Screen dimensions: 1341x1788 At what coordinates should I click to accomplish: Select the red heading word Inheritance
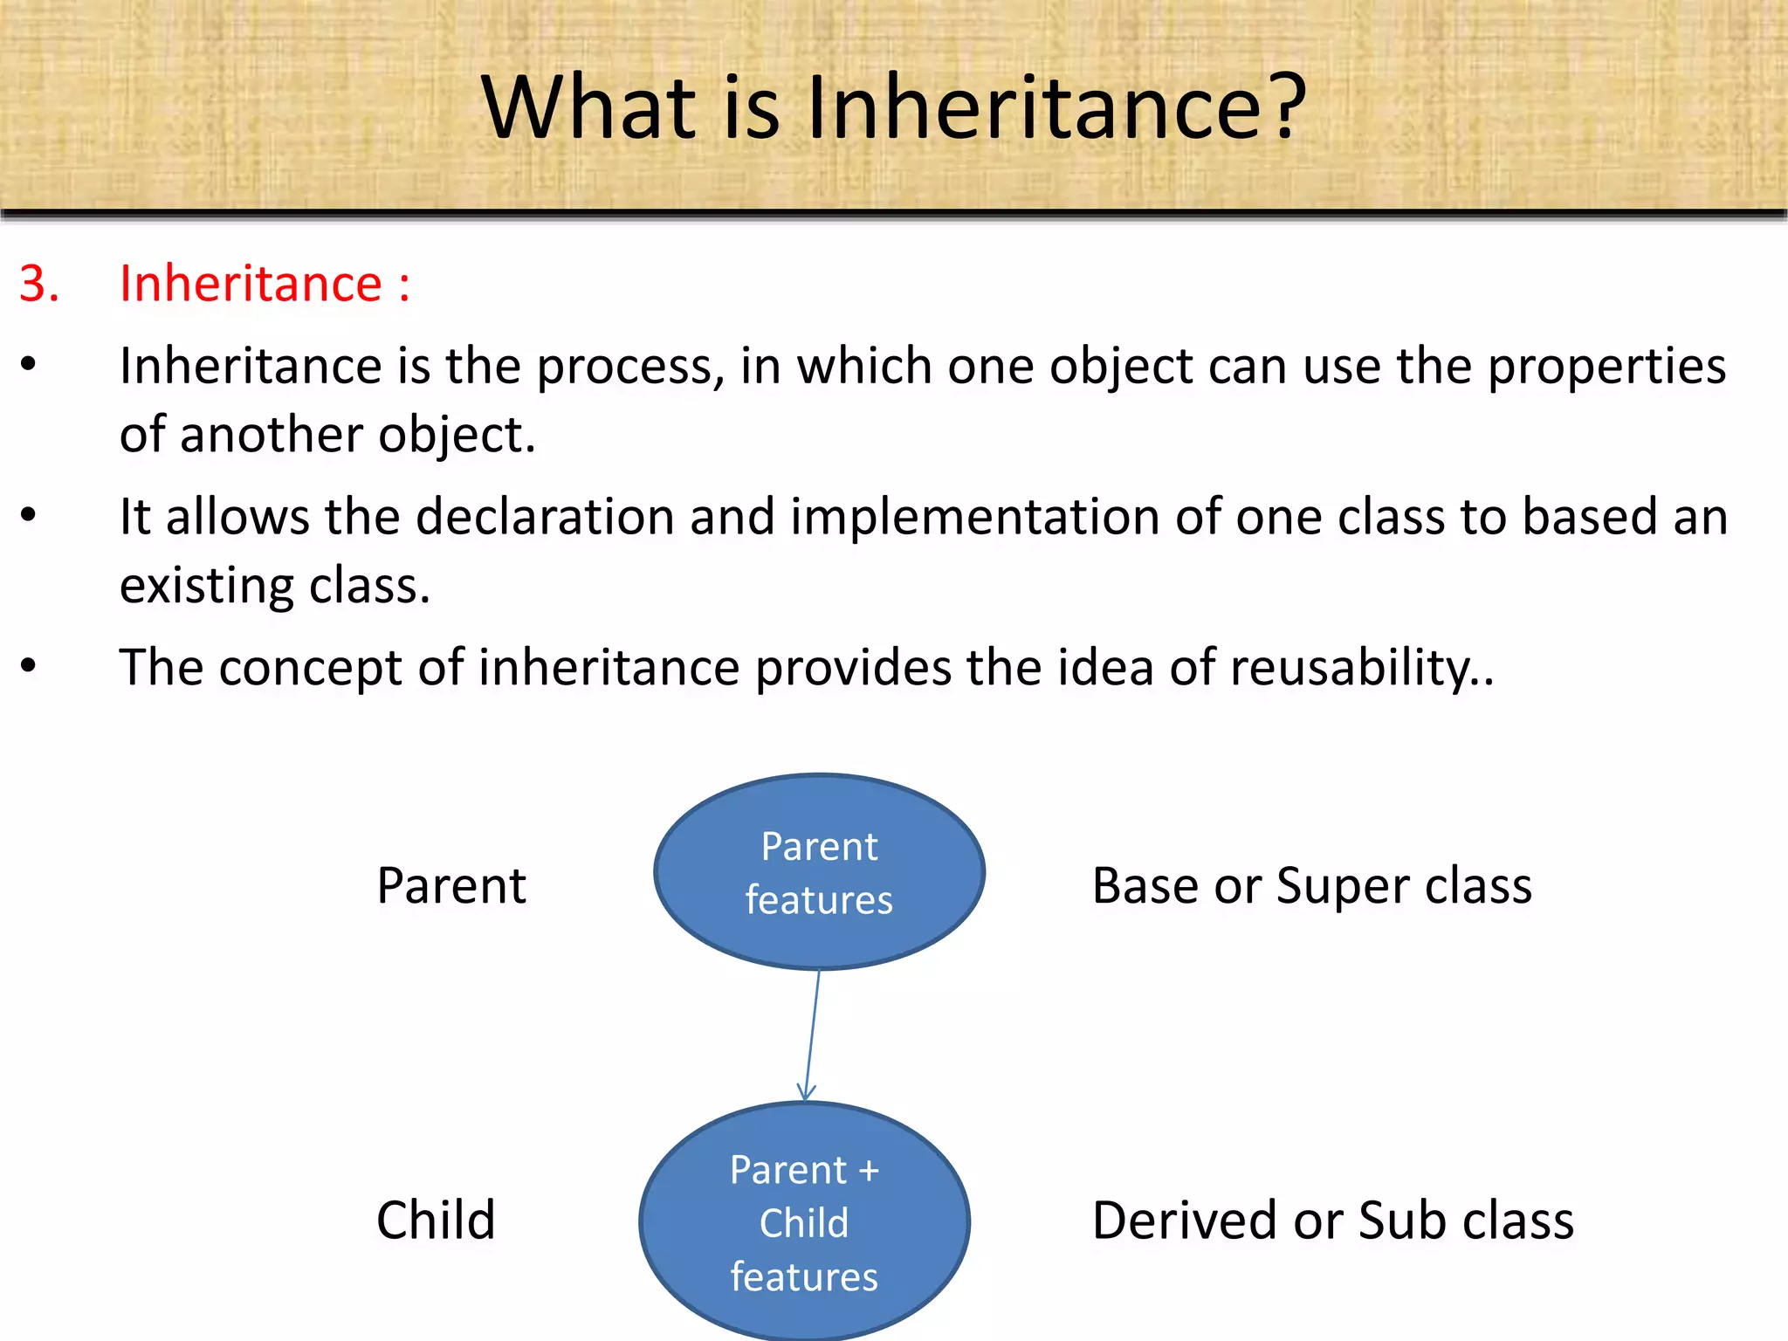tap(251, 284)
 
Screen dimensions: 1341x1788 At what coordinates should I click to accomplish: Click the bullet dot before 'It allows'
tap(29, 515)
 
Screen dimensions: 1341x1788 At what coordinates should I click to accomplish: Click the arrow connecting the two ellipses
tap(813, 1035)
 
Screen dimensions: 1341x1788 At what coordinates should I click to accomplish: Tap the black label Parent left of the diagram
tap(451, 886)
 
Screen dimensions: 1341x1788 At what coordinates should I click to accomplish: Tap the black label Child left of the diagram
tap(435, 1220)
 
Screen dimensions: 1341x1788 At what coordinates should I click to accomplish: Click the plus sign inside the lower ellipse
tap(868, 1171)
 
